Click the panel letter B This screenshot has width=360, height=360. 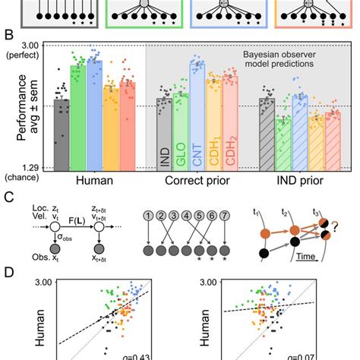coord(8,35)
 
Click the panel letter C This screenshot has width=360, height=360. coord(8,197)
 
